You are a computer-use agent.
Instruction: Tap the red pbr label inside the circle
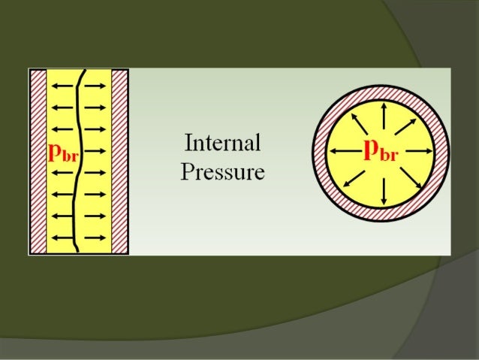click(381, 151)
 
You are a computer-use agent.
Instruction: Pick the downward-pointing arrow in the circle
click(384, 192)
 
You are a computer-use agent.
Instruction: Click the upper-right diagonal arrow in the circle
click(411, 125)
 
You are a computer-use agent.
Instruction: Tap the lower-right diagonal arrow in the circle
click(411, 181)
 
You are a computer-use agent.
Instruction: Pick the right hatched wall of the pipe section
click(120, 162)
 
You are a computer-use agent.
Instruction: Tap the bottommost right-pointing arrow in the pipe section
click(95, 238)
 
